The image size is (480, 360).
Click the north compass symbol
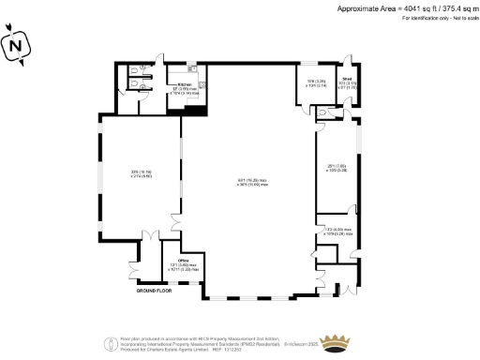click(13, 44)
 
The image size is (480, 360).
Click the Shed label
click(346, 80)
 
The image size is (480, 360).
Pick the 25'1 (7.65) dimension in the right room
click(337, 168)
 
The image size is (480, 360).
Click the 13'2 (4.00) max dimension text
click(338, 230)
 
